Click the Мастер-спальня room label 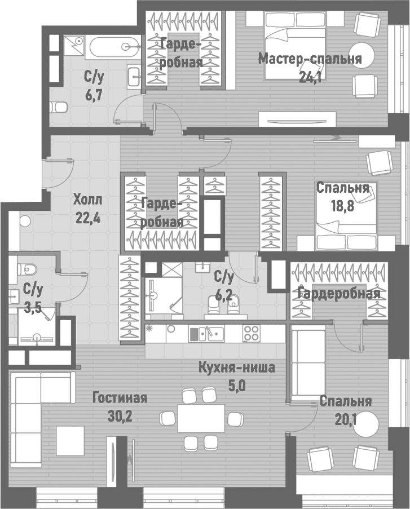[x=309, y=59]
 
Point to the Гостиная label [x=120, y=399]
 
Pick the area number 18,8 [x=343, y=206]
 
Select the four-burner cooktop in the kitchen [x=250, y=333]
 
